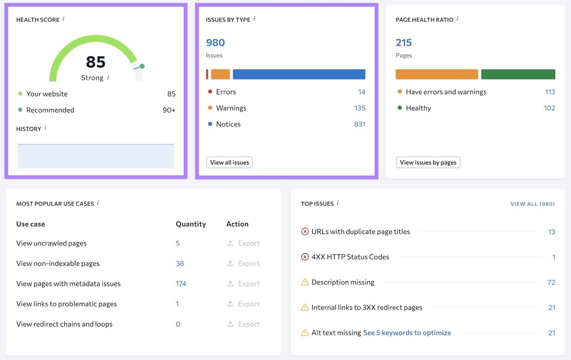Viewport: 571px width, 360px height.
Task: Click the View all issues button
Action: tap(229, 162)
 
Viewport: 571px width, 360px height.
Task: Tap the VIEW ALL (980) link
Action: tap(532, 204)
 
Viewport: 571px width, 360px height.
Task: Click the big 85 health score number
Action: tap(96, 62)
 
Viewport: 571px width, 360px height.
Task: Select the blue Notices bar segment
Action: tap(299, 74)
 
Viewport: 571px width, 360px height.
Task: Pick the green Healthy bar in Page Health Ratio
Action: tap(518, 74)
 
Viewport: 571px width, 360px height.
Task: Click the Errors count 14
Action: tap(362, 92)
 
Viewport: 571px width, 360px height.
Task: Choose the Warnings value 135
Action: tap(360, 108)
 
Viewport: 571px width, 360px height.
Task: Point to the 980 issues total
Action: tap(215, 43)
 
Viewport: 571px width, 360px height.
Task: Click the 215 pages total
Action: tap(404, 43)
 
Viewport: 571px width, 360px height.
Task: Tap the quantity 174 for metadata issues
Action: tap(181, 284)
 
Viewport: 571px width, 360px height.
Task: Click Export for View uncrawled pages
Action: tap(244, 243)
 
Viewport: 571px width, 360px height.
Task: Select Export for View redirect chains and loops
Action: tap(244, 324)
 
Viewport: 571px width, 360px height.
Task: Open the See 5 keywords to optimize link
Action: tap(407, 333)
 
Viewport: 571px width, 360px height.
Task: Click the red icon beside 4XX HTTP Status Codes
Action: tap(305, 257)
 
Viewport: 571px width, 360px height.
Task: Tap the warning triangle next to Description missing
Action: tap(305, 282)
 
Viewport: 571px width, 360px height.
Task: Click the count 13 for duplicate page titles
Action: tap(551, 232)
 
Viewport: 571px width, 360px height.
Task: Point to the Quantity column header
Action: tap(191, 224)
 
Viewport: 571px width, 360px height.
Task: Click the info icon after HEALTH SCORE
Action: tap(64, 19)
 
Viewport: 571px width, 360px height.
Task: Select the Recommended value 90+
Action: tap(169, 110)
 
